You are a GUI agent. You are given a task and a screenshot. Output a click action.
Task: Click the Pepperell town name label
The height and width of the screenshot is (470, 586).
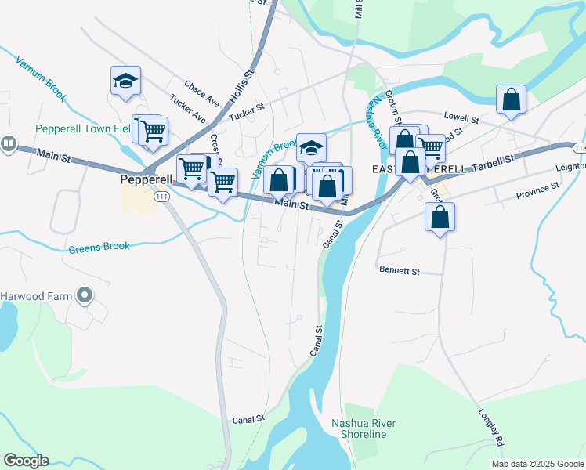146,179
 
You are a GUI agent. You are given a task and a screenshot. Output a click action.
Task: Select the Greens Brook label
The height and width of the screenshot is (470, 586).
99,247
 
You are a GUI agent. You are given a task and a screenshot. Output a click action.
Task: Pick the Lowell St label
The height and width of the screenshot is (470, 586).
461,118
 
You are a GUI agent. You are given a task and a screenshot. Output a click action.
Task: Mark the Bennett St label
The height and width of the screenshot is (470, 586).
400,271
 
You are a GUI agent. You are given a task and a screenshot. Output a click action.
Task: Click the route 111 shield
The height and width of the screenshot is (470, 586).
161,197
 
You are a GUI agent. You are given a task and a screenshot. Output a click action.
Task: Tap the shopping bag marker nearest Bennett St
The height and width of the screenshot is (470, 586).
440,217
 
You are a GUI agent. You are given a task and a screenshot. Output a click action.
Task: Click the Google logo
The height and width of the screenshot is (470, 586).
26,461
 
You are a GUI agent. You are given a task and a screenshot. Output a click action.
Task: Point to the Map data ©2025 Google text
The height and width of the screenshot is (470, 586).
537,464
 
